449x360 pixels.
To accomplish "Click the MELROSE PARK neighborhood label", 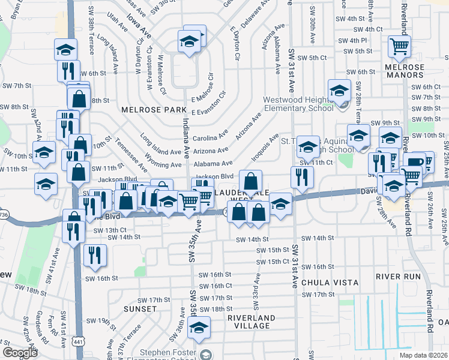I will pos(146,110).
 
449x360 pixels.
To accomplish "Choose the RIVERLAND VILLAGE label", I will pos(252,322).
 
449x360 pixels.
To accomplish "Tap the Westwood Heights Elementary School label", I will pos(299,104).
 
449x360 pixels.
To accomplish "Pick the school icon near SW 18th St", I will pos(199,327).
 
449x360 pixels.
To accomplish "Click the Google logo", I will pos(20,353).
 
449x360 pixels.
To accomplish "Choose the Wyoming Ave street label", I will pos(163,165).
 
